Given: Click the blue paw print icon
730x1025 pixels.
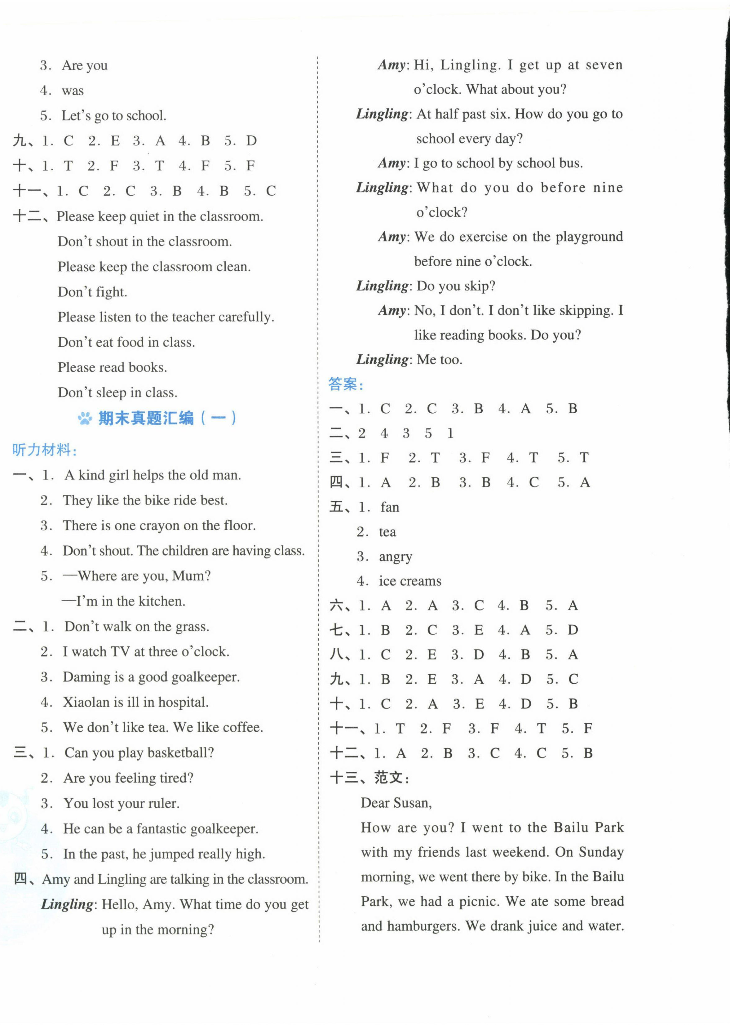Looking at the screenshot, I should coord(85,419).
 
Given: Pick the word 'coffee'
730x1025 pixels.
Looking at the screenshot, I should coord(242,727).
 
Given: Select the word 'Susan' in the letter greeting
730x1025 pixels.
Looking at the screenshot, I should coord(412,803).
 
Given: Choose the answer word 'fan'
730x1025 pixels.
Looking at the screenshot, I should coord(390,507).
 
